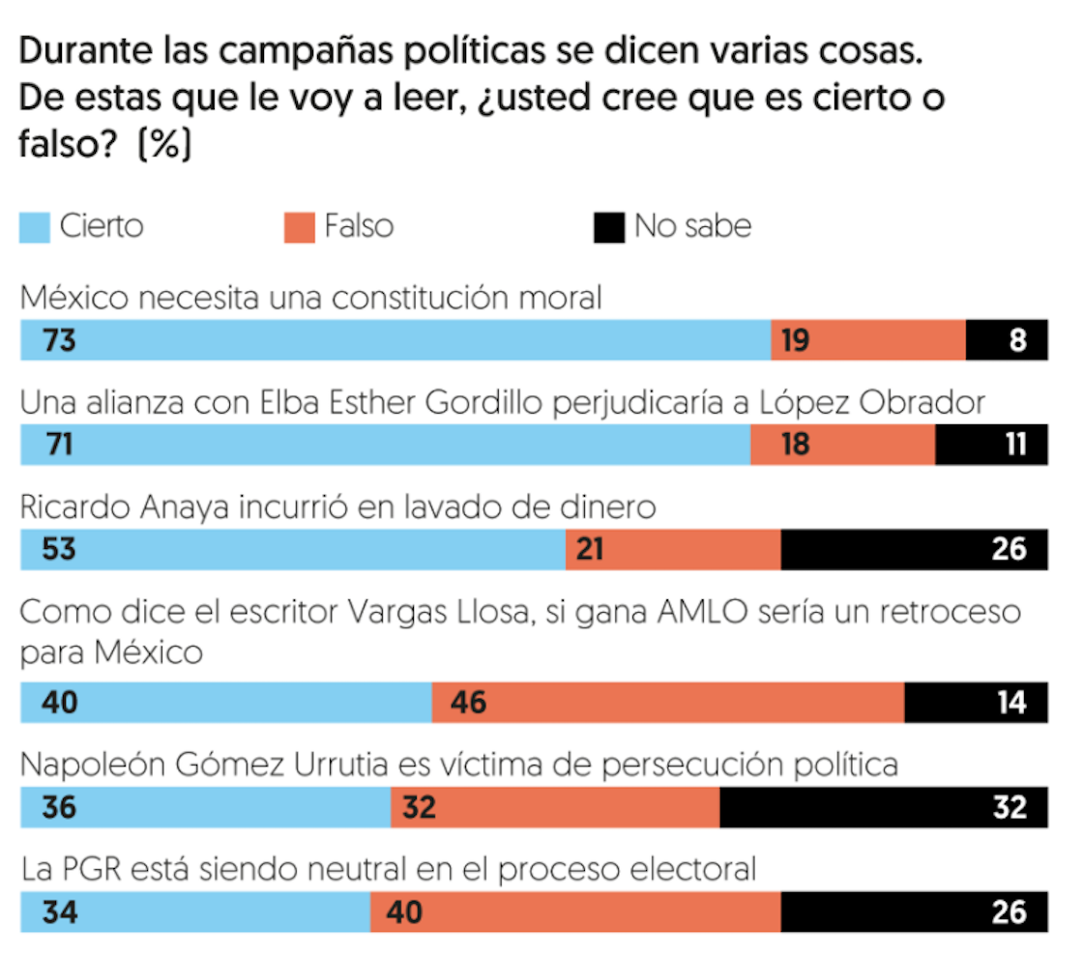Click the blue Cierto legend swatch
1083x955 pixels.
tap(35, 228)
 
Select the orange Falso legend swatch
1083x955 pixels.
tap(299, 228)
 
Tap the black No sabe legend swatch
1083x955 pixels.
tap(609, 228)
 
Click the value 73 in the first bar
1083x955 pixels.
tap(59, 340)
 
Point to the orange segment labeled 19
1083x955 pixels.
tap(868, 340)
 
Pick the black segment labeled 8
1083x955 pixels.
tap(1007, 340)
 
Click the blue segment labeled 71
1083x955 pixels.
tap(385, 445)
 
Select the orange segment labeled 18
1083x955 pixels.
tap(842, 445)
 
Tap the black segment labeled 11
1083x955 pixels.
tap(991, 445)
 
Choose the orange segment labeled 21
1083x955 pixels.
tap(673, 549)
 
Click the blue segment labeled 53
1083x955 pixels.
tap(293, 549)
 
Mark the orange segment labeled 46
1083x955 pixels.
tap(668, 702)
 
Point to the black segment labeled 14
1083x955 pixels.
tap(976, 702)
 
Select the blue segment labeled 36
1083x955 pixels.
tap(205, 806)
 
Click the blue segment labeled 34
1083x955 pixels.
tap(195, 912)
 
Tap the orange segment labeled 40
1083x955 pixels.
tap(575, 912)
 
